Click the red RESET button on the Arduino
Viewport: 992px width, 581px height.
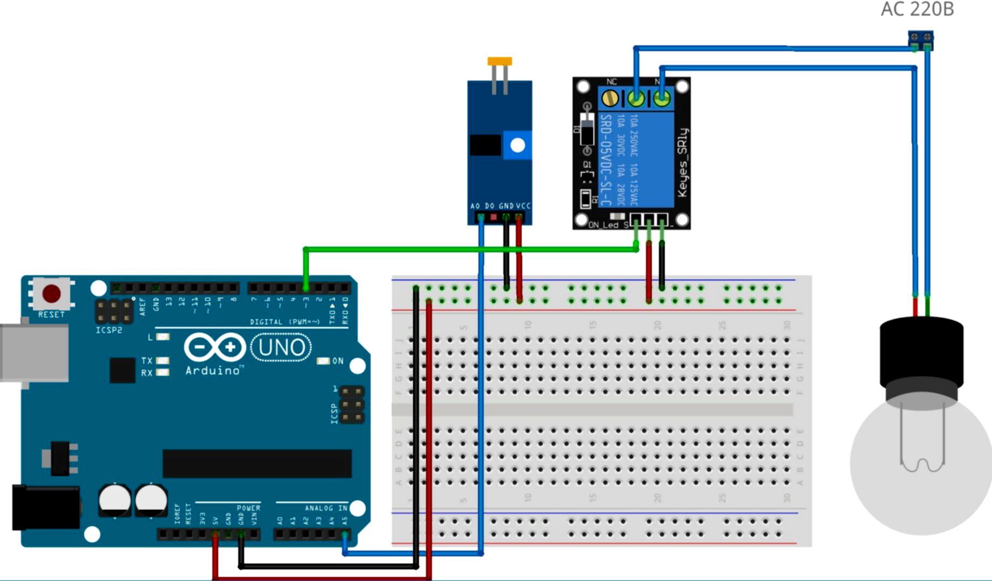pos(52,294)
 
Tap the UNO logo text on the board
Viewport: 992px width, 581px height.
pos(281,347)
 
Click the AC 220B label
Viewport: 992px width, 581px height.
pos(917,9)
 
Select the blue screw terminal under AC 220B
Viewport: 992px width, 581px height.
pos(920,39)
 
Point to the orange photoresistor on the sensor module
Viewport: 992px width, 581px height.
pos(500,62)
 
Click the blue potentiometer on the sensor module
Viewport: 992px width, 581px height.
pos(517,145)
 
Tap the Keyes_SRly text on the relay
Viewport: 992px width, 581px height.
pos(683,163)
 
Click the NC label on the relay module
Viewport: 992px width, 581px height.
pos(611,82)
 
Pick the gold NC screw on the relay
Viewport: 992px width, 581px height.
pos(610,98)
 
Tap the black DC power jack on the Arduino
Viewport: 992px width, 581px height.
pos(45,508)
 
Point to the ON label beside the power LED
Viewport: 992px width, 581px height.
pos(338,361)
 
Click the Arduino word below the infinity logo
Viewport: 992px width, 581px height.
pos(213,370)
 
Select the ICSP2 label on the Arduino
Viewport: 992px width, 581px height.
pos(109,330)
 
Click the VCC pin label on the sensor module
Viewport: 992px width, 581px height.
pos(523,206)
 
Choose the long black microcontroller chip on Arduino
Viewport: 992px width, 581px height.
pos(257,463)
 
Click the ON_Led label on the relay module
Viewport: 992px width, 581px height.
pos(603,225)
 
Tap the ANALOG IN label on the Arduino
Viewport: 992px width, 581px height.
pos(326,508)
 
